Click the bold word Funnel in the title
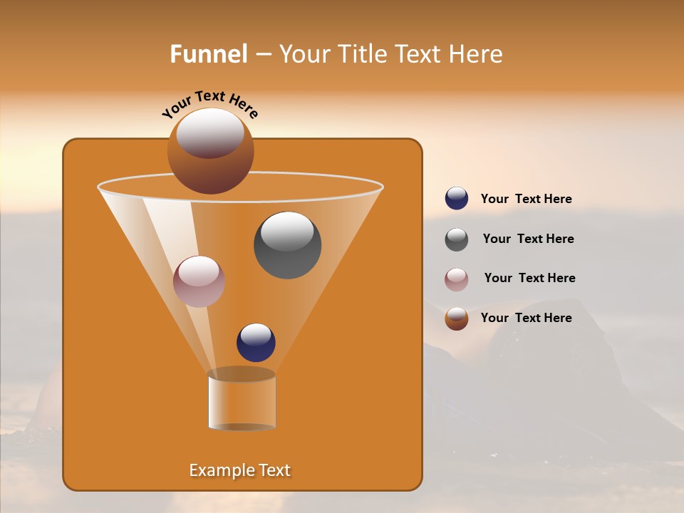tap(208, 54)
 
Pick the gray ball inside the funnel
tap(287, 245)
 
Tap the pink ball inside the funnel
tap(199, 281)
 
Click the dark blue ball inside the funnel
tap(256, 343)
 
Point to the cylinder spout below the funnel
tap(242, 400)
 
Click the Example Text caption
tap(240, 470)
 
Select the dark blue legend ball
tap(457, 198)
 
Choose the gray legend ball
tap(457, 239)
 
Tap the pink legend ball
tap(457, 279)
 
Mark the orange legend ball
tap(457, 318)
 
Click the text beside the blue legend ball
tap(526, 199)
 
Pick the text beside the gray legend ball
tap(528, 239)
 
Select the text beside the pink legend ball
tap(529, 278)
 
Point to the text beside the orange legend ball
tap(526, 318)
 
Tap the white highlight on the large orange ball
tap(210, 133)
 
